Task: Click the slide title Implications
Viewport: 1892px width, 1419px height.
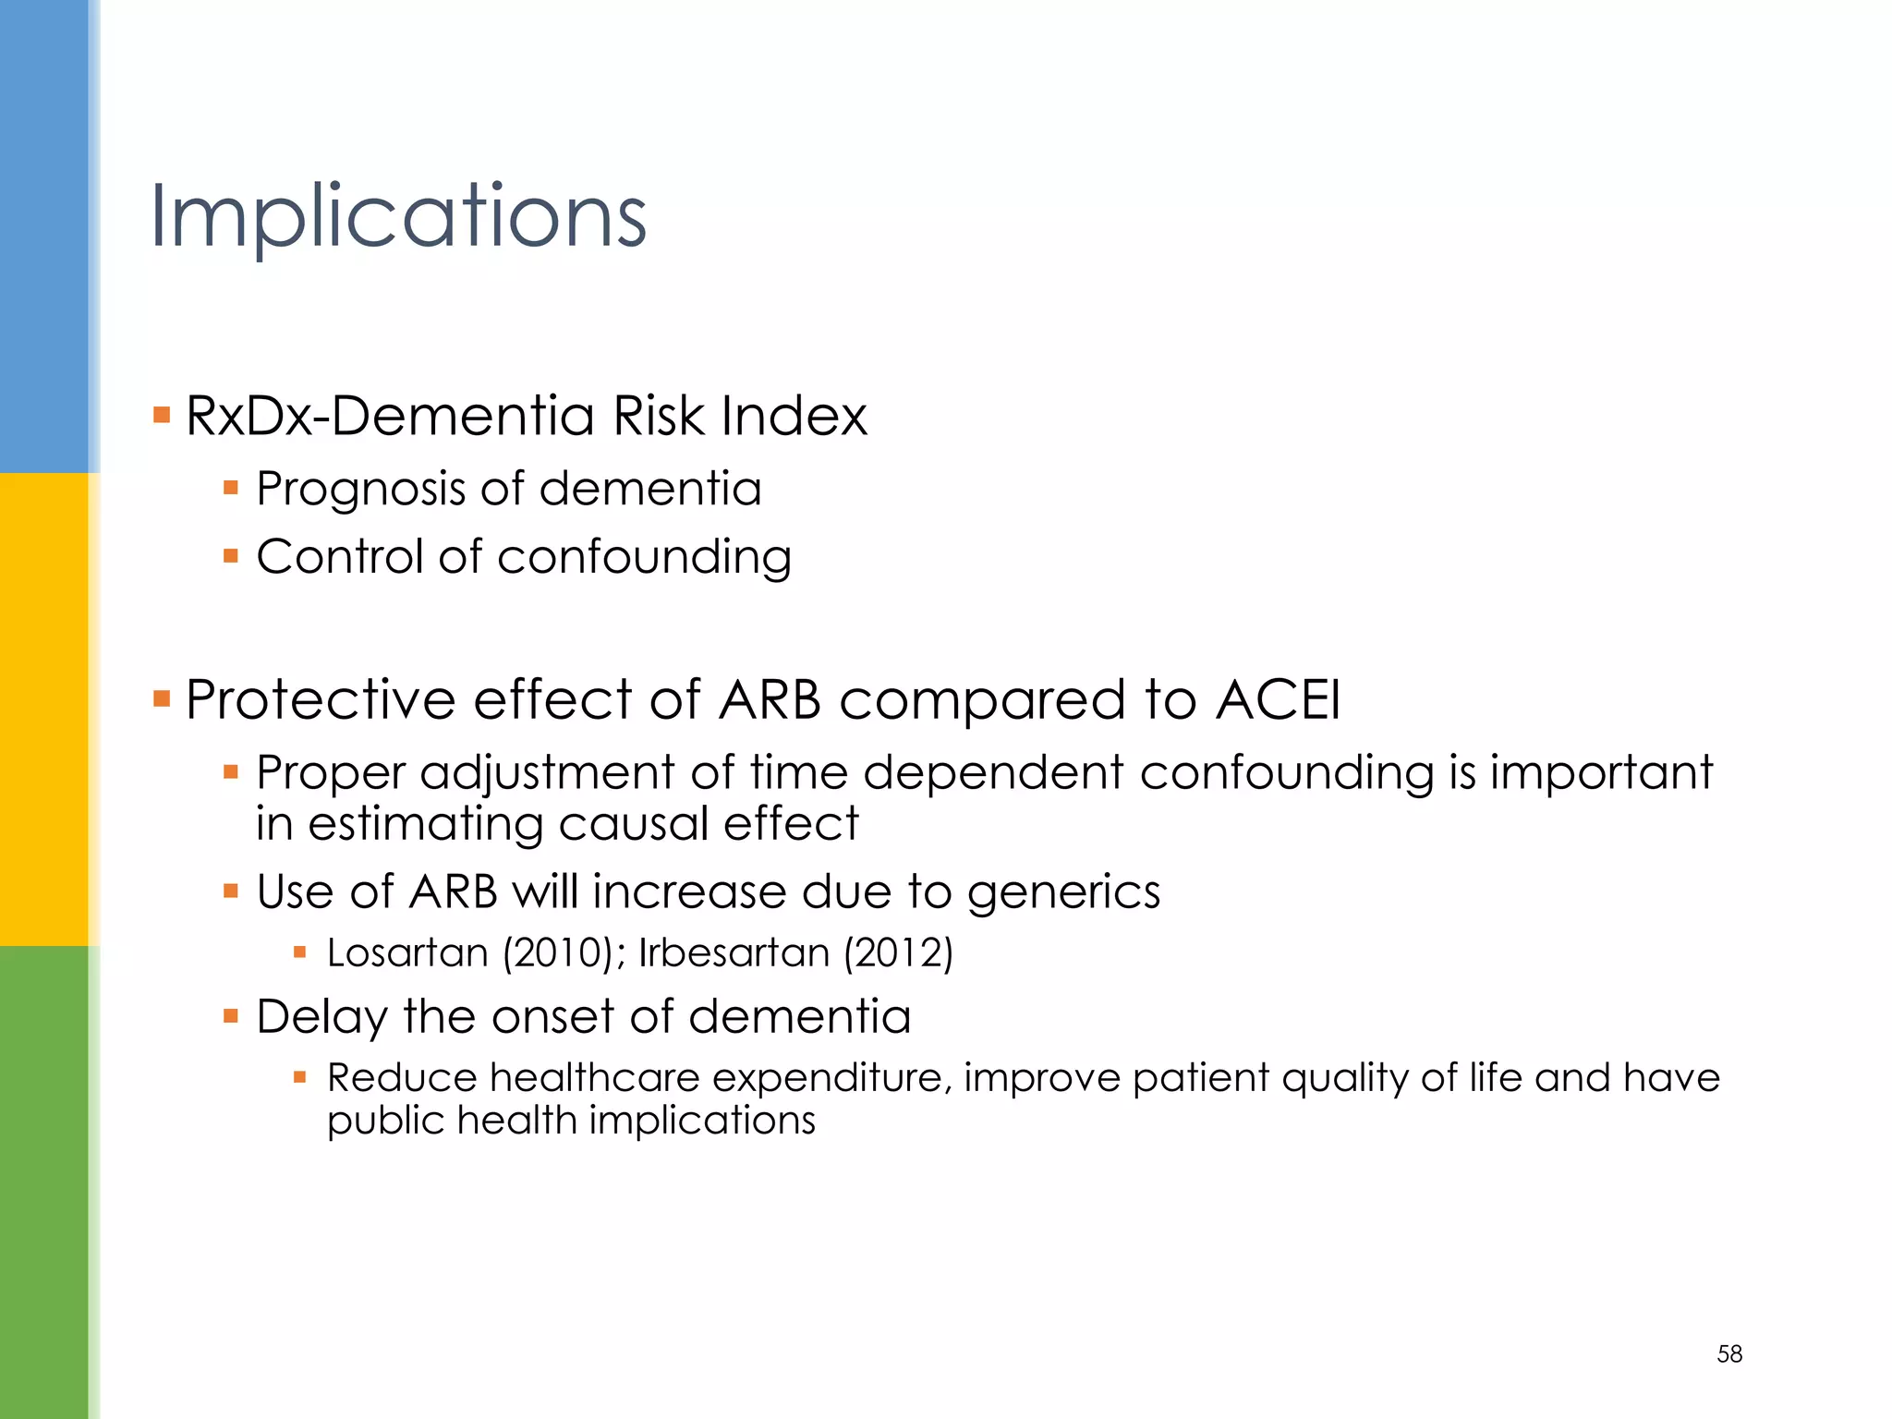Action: click(398, 218)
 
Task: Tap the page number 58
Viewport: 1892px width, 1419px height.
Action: click(1728, 1354)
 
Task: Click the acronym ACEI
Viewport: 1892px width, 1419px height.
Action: click(1278, 699)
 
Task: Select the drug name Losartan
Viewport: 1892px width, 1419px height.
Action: click(407, 952)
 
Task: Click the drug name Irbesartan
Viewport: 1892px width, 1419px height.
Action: click(734, 952)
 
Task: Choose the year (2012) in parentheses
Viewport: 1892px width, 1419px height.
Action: click(897, 952)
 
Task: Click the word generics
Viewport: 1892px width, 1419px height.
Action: click(1063, 893)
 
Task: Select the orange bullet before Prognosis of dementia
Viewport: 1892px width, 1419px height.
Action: click(231, 487)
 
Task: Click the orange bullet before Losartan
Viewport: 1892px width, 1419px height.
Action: click(299, 952)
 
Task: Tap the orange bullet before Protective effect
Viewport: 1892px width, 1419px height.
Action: click(162, 697)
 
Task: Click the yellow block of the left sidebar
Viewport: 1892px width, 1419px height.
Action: click(44, 709)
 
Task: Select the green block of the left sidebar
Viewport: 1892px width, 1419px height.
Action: click(44, 1182)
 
